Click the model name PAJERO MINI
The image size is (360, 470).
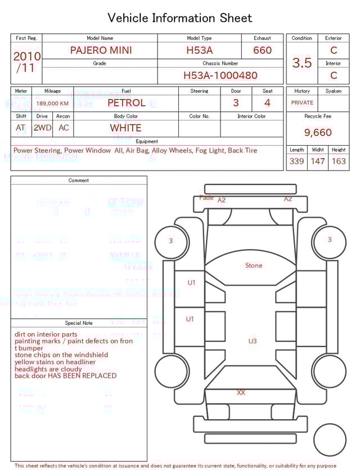click(101, 50)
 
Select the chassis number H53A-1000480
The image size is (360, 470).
click(220, 75)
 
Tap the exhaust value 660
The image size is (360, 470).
click(262, 50)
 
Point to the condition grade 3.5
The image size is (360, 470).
click(302, 62)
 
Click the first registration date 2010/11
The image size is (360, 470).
click(26, 62)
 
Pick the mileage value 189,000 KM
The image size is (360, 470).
click(52, 104)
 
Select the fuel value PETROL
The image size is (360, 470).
click(126, 103)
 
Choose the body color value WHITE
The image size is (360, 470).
click(125, 128)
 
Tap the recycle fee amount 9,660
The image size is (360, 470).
click(318, 132)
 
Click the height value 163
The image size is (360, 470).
click(339, 161)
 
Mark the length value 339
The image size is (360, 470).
click(296, 161)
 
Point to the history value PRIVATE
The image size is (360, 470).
click(302, 103)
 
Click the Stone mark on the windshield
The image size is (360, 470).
click(254, 265)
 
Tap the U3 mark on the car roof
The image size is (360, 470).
click(253, 341)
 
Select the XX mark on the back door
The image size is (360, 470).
click(241, 392)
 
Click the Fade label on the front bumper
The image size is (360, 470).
click(206, 198)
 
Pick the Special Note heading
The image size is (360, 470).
click(79, 323)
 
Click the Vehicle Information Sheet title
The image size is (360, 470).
click(180, 18)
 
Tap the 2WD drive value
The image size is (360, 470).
click(42, 128)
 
